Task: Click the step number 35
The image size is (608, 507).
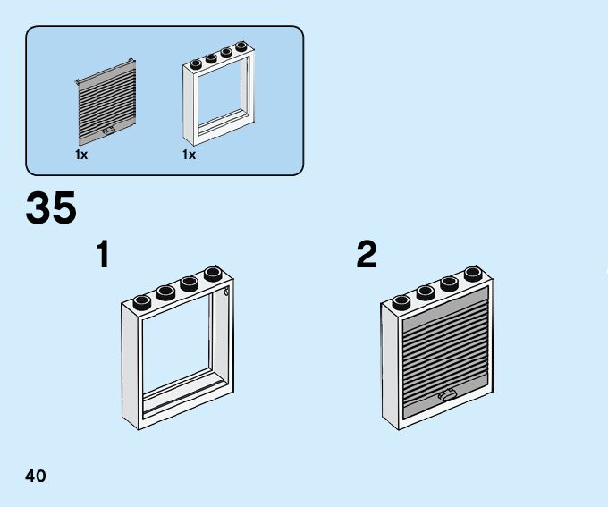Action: (x=51, y=208)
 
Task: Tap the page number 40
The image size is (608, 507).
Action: (x=36, y=475)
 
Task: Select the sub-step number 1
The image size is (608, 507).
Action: (x=104, y=255)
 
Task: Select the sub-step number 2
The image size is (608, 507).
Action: (x=367, y=255)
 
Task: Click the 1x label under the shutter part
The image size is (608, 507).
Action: (x=81, y=155)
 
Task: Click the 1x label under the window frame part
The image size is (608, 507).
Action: (x=189, y=155)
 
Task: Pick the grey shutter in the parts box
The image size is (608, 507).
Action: (x=106, y=103)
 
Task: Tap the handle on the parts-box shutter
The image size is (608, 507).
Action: (x=109, y=131)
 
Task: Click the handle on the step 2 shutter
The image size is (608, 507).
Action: (x=447, y=393)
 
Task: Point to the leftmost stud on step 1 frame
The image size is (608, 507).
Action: (x=142, y=300)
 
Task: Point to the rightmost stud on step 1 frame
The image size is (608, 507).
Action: (x=213, y=273)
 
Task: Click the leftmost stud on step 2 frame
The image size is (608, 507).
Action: (x=401, y=300)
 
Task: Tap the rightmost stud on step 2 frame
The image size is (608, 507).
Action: (x=473, y=273)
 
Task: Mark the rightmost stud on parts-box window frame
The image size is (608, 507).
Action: (x=241, y=46)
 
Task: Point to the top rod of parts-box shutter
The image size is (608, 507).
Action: (x=106, y=71)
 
